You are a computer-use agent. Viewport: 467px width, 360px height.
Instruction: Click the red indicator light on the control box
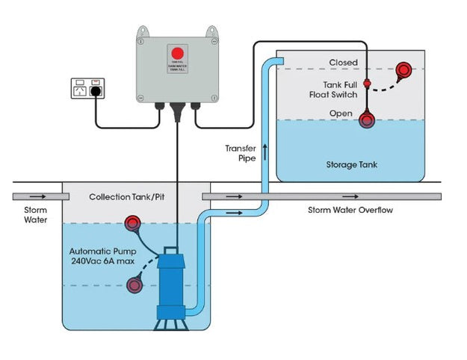click(x=177, y=53)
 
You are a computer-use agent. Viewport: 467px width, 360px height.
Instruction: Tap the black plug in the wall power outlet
click(x=96, y=93)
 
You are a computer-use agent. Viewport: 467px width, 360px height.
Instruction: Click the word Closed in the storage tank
click(x=343, y=63)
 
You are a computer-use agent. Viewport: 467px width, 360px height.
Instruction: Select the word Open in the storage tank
click(x=341, y=114)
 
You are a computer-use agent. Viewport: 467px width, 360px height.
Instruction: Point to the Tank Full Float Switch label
click(x=340, y=90)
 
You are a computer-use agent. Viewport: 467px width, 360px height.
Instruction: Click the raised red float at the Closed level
click(x=403, y=71)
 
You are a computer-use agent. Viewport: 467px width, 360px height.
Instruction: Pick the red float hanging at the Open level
click(x=368, y=120)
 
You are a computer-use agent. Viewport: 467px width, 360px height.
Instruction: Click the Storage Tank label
click(x=350, y=164)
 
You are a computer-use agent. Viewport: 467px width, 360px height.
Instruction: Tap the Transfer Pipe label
click(x=241, y=153)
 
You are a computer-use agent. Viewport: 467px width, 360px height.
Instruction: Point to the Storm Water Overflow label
click(x=350, y=211)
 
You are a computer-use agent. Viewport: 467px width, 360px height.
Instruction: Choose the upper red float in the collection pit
click(x=134, y=223)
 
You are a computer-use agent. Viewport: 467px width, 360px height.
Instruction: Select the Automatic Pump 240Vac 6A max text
click(x=102, y=257)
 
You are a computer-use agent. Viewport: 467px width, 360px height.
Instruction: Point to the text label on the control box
click(x=177, y=69)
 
